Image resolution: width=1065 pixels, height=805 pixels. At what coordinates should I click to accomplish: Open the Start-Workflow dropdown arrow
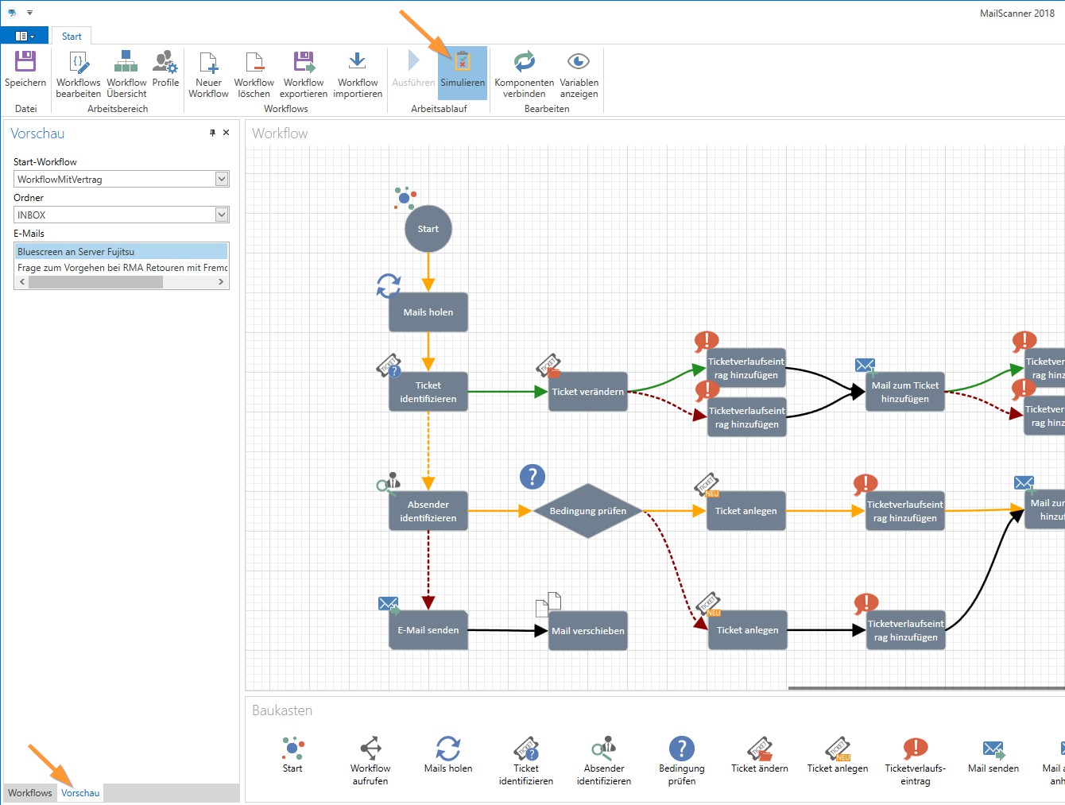(222, 179)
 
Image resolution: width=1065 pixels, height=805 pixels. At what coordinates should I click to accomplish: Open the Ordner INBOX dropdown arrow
(222, 215)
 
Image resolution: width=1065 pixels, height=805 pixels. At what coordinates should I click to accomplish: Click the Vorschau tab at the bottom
(80, 792)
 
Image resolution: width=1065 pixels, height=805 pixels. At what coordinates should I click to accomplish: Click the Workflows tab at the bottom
(30, 792)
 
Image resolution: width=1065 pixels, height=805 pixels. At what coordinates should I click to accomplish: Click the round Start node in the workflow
(428, 229)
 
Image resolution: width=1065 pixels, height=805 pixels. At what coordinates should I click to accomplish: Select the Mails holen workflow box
(428, 312)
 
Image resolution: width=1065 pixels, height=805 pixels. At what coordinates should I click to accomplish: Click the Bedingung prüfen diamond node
(588, 511)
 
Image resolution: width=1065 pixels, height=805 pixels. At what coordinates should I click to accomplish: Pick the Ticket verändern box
(588, 392)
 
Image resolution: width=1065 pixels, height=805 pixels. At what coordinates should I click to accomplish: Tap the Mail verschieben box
(588, 631)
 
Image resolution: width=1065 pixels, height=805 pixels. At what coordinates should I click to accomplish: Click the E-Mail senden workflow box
(428, 630)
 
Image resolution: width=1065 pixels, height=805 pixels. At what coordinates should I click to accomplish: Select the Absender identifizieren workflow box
(428, 511)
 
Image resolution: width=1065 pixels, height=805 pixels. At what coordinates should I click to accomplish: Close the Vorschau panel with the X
(227, 133)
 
